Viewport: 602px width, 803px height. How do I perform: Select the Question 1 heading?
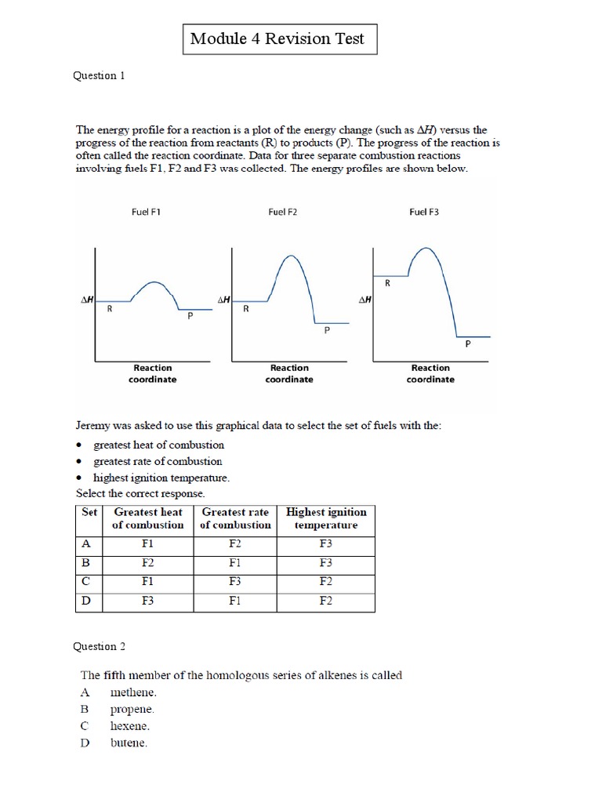click(x=100, y=76)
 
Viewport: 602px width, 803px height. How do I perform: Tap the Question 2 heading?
click(x=100, y=646)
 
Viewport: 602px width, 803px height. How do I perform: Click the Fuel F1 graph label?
click(x=146, y=213)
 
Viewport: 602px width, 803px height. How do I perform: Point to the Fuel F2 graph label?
click(x=282, y=213)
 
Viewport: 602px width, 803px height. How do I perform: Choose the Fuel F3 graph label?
click(x=424, y=213)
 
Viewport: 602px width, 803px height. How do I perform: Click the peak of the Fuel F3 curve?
click(x=424, y=248)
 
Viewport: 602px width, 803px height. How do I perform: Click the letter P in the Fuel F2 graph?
click(x=327, y=331)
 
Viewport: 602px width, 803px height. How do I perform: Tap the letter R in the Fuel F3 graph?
click(x=387, y=284)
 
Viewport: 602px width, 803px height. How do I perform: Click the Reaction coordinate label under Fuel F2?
click(x=290, y=373)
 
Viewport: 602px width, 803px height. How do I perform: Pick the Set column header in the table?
click(x=89, y=511)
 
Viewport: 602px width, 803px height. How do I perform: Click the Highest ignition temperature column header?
click(x=326, y=518)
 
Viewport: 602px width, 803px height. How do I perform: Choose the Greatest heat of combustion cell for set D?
click(x=148, y=601)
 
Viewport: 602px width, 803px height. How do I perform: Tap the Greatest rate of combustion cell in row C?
click(x=235, y=582)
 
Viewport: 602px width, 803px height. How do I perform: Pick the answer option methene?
click(x=133, y=692)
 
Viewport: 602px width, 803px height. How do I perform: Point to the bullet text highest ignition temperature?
click(x=161, y=478)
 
